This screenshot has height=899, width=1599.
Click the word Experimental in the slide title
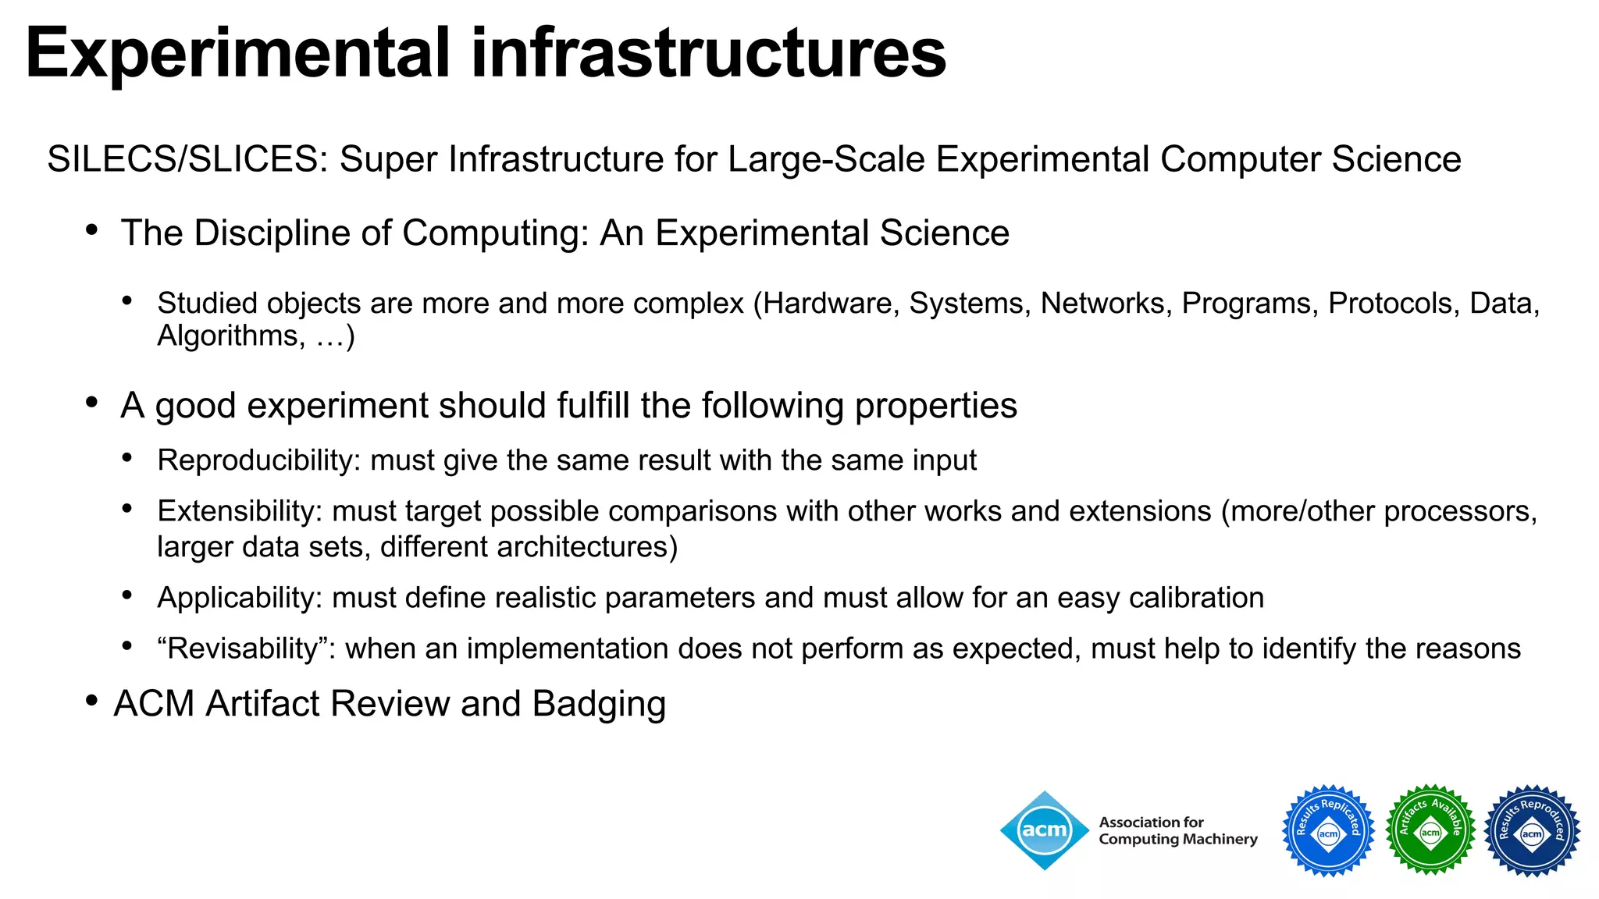(238, 53)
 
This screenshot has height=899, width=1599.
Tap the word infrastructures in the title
(708, 53)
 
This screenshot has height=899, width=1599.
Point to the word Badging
(599, 704)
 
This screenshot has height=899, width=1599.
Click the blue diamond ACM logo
(1045, 830)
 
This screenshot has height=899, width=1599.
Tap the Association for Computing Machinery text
(1177, 831)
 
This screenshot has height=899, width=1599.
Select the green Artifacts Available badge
(1430, 830)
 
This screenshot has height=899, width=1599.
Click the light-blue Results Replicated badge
(1328, 830)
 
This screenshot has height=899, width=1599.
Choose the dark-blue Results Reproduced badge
(1532, 830)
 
